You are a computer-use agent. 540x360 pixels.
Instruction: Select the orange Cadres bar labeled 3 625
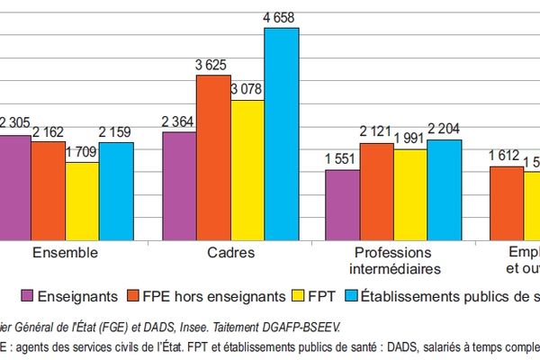213,157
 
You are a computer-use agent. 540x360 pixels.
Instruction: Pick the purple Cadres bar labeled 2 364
179,185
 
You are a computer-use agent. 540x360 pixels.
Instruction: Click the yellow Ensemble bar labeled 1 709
82,201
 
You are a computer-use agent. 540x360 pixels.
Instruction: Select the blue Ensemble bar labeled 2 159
116,191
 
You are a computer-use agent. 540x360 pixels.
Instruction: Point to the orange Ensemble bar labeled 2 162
48,190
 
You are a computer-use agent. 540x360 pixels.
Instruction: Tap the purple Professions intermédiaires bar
342,204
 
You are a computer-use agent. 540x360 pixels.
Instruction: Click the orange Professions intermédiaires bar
376,191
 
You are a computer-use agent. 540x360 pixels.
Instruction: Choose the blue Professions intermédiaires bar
444,189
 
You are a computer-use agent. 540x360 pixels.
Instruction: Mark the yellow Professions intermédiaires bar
410,194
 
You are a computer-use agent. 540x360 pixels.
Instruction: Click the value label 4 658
281,16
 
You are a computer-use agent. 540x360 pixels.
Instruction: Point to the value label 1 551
342,158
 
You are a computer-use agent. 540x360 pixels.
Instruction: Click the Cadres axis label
229,253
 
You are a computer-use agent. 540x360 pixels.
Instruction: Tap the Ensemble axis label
65,253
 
